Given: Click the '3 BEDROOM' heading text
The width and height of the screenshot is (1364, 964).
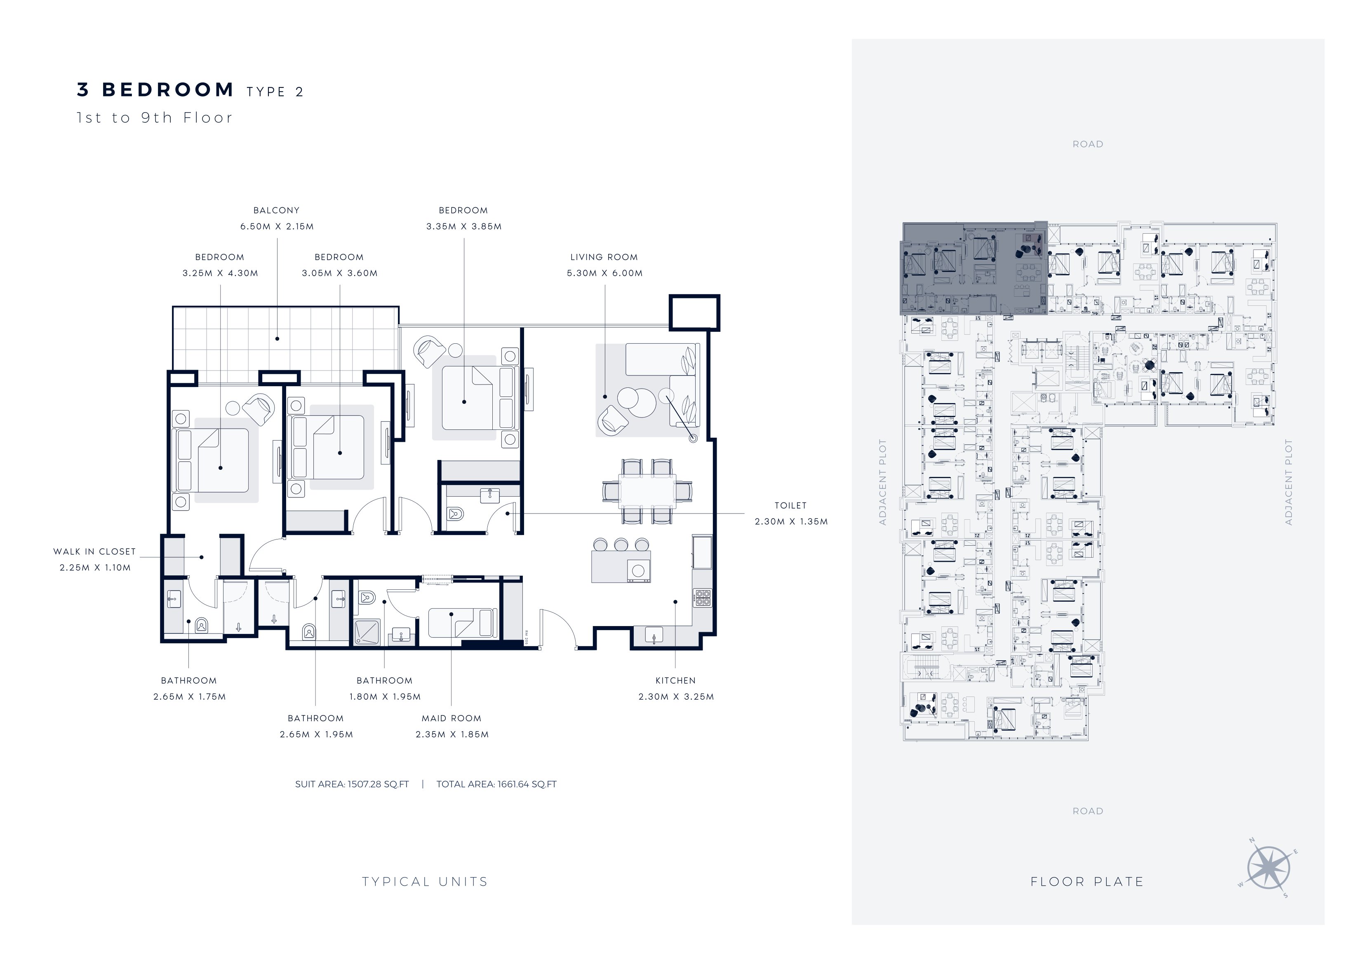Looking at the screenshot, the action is [155, 90].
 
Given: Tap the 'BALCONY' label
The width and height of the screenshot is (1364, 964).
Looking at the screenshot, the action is [276, 210].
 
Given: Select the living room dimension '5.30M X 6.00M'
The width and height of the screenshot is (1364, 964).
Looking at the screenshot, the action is [604, 273].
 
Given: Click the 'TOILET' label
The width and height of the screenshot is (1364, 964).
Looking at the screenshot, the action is [790, 505].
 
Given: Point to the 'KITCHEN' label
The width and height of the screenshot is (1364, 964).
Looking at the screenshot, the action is [675, 681].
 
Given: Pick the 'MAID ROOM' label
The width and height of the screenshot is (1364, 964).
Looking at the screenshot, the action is [452, 718].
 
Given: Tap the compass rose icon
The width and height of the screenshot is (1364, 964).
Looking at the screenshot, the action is [1268, 868].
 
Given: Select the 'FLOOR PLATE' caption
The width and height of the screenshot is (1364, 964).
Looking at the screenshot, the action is [1087, 882].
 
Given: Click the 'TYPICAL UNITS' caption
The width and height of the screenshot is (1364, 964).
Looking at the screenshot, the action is [425, 882].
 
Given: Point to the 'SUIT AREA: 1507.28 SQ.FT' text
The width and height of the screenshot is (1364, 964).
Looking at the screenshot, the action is [352, 784].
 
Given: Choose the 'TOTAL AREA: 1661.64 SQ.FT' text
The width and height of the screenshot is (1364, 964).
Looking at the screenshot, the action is [496, 784].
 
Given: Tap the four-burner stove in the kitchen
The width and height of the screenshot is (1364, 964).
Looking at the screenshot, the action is [702, 598].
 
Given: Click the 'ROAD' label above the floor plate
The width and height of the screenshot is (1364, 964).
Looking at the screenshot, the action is [1088, 144].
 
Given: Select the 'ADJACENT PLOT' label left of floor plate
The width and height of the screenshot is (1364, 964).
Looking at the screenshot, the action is [882, 482].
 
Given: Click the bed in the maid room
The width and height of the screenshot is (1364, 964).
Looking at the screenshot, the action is [463, 623].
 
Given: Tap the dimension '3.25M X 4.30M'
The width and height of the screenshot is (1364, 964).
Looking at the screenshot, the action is [221, 273].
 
